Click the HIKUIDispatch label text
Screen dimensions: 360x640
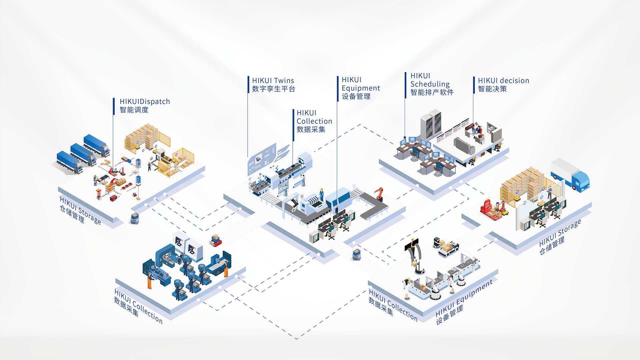tap(145, 102)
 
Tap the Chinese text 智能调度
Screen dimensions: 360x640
tap(134, 110)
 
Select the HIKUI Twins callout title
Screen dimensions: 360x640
tap(273, 81)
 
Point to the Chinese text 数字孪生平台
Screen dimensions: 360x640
tap(273, 89)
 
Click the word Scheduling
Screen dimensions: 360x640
tap(430, 84)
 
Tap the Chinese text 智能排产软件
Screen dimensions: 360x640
tap(432, 92)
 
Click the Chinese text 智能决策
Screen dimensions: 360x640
tap(492, 89)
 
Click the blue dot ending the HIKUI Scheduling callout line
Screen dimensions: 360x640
tap(405, 137)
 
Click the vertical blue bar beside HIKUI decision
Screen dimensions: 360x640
tap(474, 85)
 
